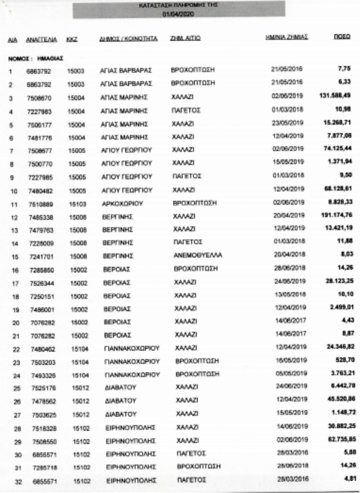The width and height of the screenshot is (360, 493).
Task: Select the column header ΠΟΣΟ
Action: [339, 36]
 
